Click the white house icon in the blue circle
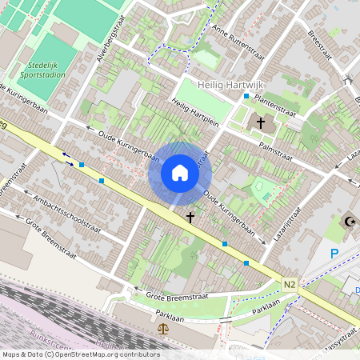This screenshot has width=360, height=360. pos(180,172)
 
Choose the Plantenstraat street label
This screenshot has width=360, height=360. pos(278,104)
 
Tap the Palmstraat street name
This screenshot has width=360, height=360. pos(278,152)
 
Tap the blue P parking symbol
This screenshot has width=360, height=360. pos(334,254)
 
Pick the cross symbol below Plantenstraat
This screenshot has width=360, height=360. pos(261,123)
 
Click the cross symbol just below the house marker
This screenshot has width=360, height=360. pos(190,217)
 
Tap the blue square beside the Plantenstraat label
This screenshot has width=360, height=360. pos(246,96)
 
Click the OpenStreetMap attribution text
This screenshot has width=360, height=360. pos(80,354)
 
